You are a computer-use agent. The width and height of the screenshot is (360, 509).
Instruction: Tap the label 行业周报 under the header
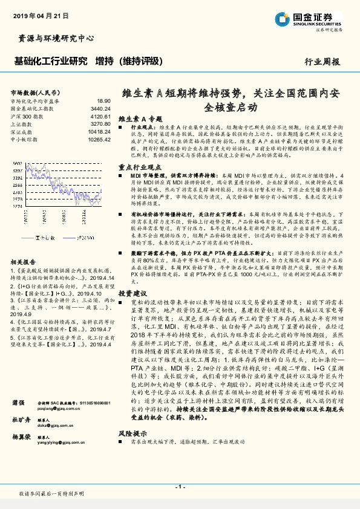[322, 62]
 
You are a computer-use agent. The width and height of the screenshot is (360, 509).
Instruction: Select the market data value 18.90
[104, 101]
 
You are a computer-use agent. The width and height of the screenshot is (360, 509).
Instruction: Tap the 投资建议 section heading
[133, 293]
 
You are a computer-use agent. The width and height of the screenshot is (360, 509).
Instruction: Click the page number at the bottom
[180, 487]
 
